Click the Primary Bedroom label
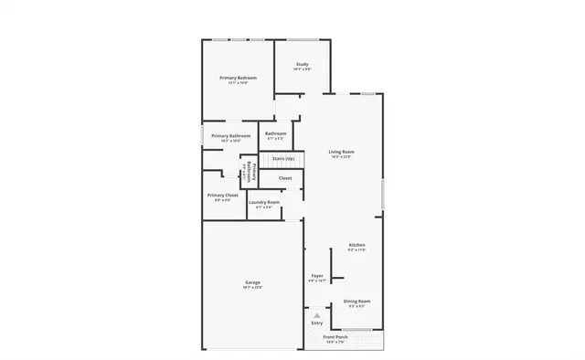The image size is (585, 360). [238, 79]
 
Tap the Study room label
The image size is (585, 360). [302, 64]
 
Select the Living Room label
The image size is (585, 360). [342, 152]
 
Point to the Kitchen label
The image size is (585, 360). [356, 246]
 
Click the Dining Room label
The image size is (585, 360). [356, 301]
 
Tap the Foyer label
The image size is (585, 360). [317, 275]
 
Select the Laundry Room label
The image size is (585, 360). [263, 202]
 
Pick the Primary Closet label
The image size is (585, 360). [223, 195]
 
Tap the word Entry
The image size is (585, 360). [317, 323]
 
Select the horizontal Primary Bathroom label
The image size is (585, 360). [230, 136]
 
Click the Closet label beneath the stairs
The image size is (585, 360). [285, 177]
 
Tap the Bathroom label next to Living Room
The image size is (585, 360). [276, 134]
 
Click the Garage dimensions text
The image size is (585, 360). [252, 288]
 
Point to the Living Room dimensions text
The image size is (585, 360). [342, 157]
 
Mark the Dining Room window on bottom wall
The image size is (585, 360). [356, 330]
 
